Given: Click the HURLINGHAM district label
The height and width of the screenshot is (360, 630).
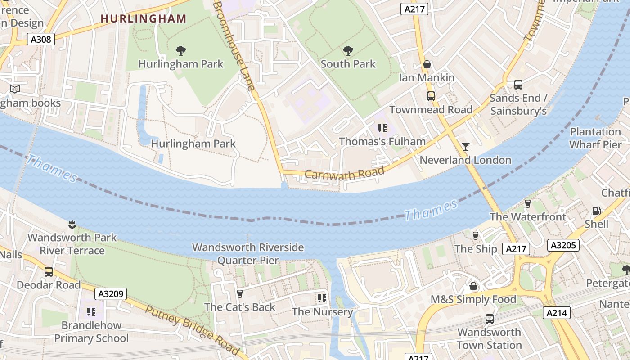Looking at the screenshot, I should coord(143,18).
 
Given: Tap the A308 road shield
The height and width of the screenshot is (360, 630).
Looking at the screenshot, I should coord(40,40).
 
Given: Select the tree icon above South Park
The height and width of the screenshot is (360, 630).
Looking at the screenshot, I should coord(348,50).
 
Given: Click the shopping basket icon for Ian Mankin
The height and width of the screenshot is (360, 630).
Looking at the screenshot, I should coord(427,65).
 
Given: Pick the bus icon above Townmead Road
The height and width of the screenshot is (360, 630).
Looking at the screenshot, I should coord(431,96).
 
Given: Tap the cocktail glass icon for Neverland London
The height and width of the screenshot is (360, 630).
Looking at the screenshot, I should coord(465,147).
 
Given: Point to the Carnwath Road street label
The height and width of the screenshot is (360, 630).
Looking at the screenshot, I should coord(344,173).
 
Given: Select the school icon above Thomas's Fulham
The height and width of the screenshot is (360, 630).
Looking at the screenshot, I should coord(382,128).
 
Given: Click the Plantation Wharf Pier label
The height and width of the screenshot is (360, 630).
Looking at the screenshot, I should coord(595,138).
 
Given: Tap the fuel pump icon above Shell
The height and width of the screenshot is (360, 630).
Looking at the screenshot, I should coord(596,211).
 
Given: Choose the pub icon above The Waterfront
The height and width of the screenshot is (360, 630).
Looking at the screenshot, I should coord(528,203).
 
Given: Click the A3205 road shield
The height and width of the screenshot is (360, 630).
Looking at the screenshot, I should coord(563,245).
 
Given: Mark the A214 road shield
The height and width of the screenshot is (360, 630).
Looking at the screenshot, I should coord(557,313).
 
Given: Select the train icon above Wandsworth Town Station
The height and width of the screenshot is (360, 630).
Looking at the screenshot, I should coord(489,319).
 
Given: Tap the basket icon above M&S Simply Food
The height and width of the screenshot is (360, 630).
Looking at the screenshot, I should coord(473,286).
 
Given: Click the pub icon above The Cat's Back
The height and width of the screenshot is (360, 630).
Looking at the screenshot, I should coord(239,294).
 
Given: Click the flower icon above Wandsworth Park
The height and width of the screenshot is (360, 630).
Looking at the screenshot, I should coord(72,224).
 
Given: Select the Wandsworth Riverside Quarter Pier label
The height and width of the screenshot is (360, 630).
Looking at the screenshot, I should coord(248,254).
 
